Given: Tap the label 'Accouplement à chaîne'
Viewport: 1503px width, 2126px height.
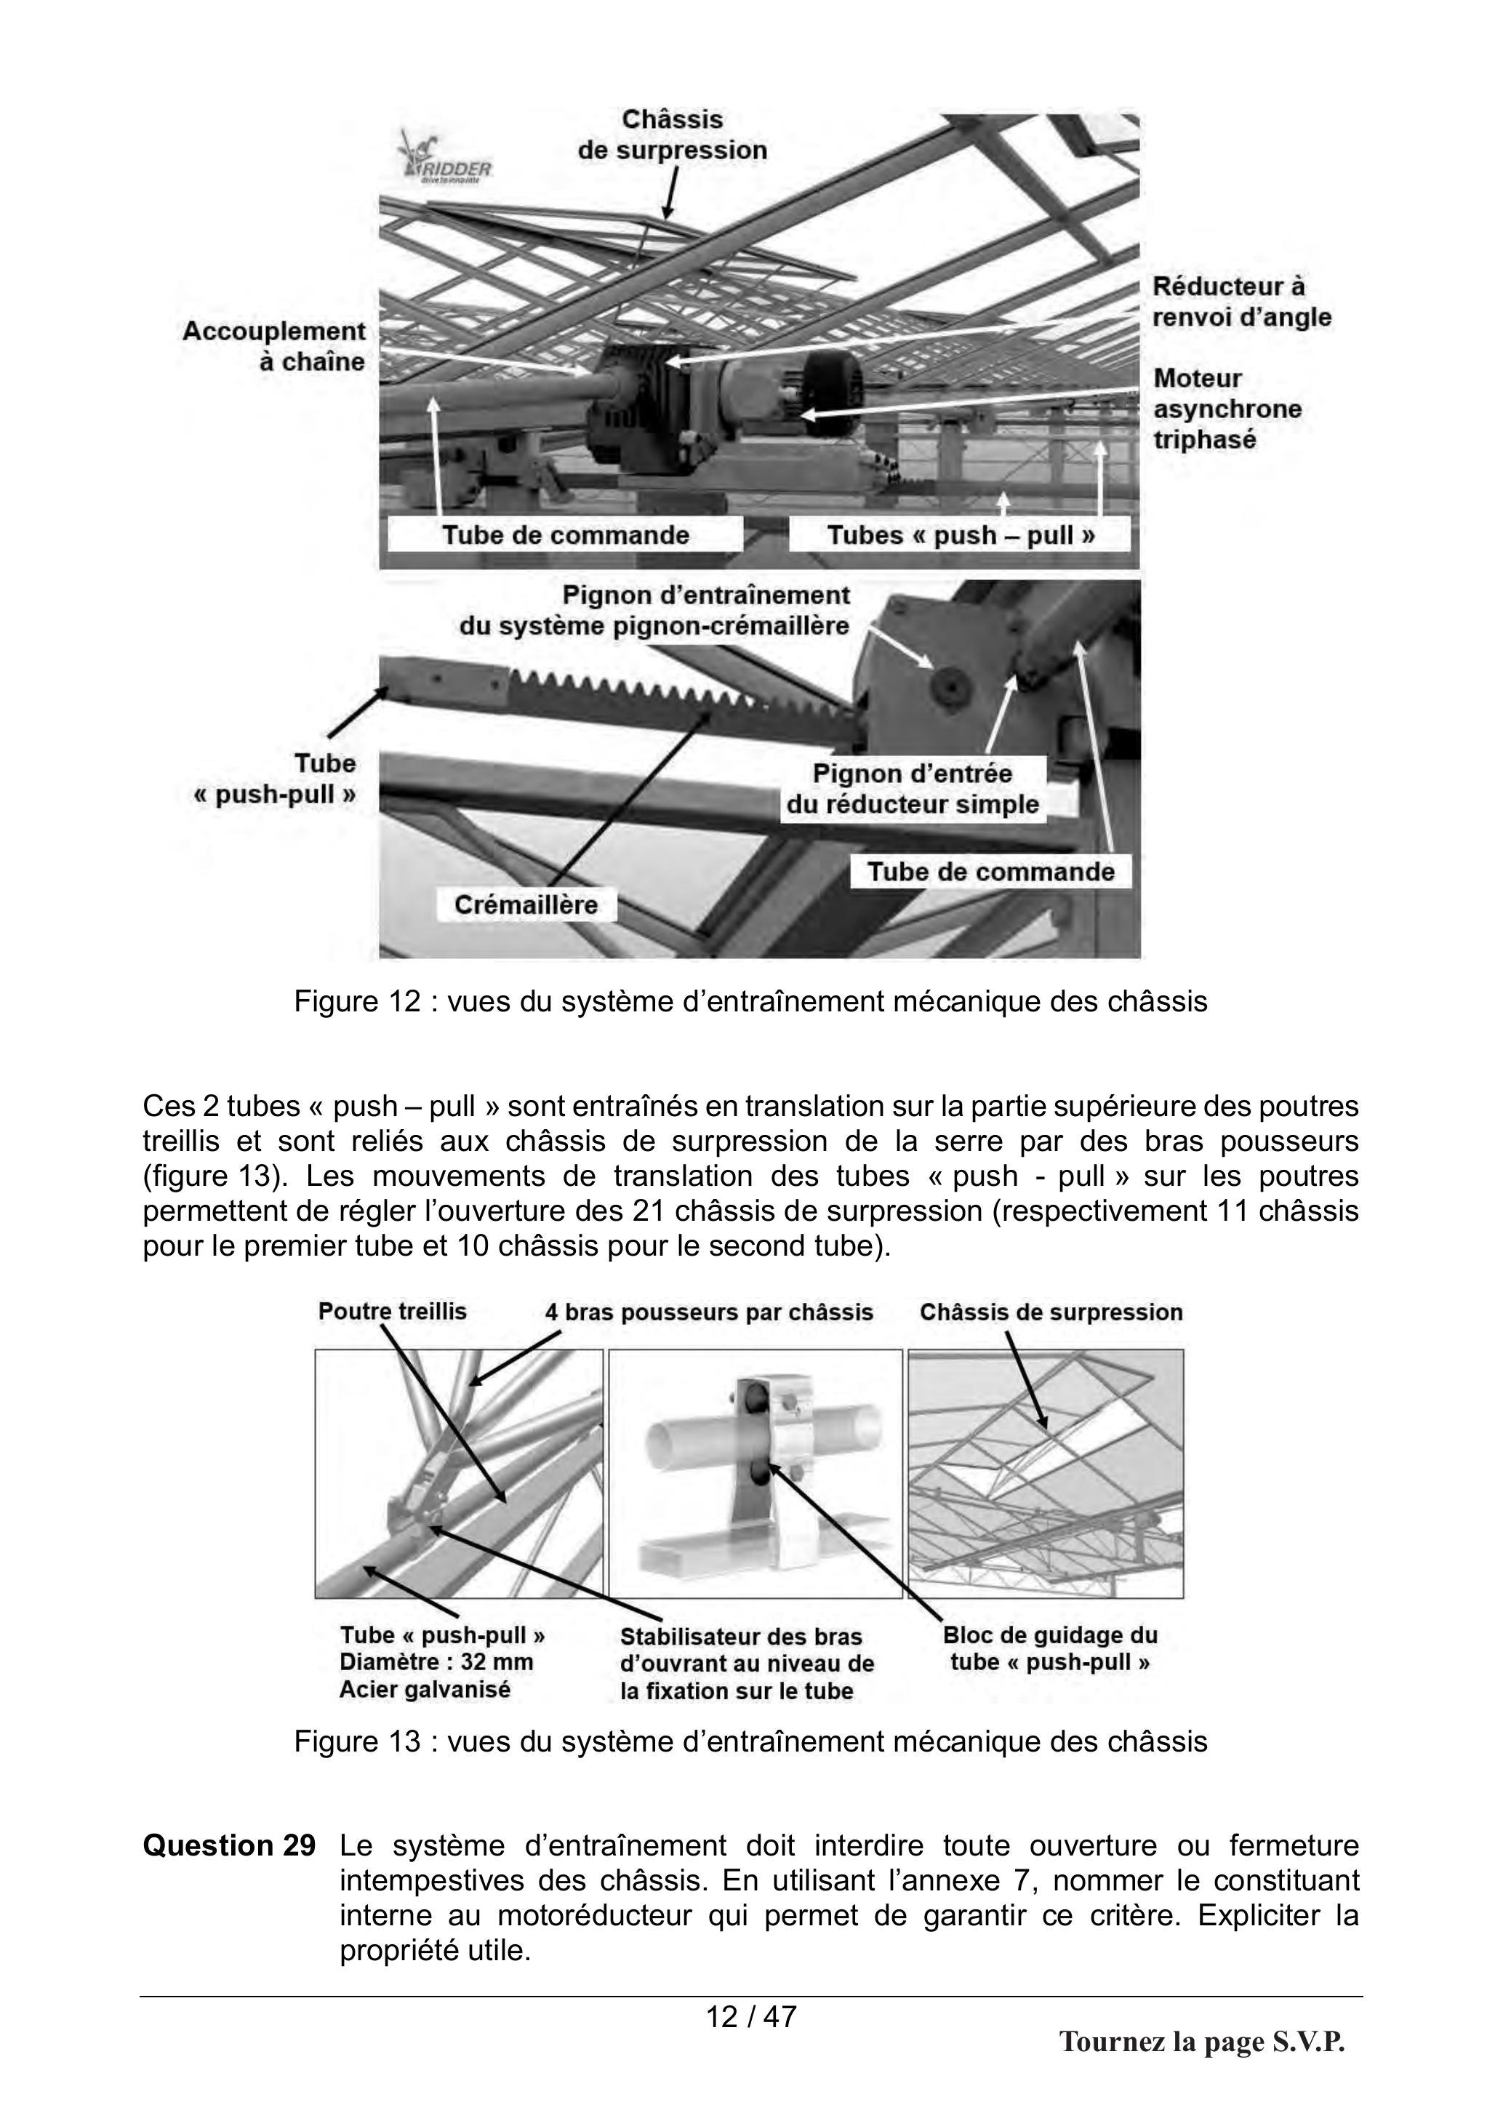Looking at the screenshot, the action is [274, 346].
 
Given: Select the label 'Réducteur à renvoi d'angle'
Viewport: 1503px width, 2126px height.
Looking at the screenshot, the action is [1242, 302].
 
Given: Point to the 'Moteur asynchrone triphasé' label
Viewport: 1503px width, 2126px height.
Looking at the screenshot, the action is [1227, 409].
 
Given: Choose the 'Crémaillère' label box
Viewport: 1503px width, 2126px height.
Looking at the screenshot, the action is [526, 904].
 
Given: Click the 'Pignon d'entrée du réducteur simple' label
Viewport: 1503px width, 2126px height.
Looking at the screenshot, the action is [913, 789].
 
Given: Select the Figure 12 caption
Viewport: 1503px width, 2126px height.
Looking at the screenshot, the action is [750, 1001].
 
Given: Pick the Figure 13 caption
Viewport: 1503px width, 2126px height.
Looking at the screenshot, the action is [750, 1741].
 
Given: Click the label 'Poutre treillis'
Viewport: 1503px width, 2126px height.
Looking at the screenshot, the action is [393, 1311].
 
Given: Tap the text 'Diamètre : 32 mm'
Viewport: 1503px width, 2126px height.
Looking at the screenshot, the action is [436, 1662].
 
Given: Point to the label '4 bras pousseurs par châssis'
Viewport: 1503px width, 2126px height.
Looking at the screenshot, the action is [708, 1312].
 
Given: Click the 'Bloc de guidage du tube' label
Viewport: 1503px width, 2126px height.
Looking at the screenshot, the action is [1050, 1648].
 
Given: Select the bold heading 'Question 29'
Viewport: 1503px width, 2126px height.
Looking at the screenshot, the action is [229, 1845].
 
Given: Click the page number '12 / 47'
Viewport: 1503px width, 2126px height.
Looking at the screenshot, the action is [751, 2015].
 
